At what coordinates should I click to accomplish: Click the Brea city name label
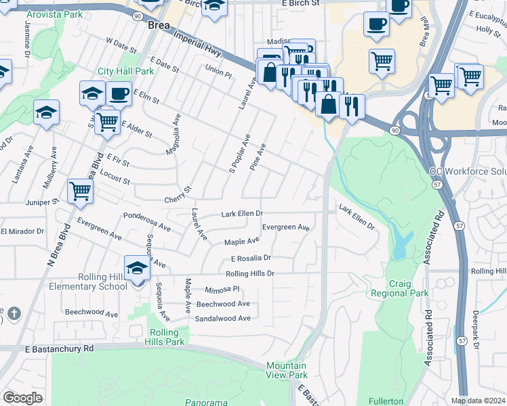point(159,24)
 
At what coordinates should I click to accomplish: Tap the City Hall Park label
point(125,71)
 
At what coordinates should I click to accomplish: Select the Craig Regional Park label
point(399,288)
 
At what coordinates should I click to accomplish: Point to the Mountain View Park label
point(287,370)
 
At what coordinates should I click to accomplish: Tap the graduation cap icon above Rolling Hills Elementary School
point(137,268)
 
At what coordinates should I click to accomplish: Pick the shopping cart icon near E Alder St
point(107,122)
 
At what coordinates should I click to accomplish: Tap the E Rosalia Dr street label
point(251,258)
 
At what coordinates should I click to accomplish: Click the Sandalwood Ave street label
point(222,318)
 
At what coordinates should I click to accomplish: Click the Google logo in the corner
point(22,398)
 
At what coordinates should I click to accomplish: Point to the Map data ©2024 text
point(478,401)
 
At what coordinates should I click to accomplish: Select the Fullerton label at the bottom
point(386,401)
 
